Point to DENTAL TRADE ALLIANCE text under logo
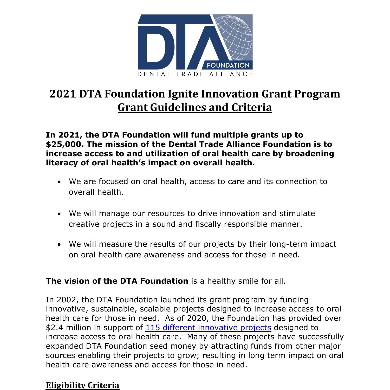point(195,74)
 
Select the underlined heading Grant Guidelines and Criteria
point(195,107)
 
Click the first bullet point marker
point(60,182)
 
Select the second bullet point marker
point(60,214)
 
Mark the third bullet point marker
point(60,245)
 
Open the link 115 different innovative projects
point(208,328)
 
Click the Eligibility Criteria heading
point(82,385)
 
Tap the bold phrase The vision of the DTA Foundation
point(117,281)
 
